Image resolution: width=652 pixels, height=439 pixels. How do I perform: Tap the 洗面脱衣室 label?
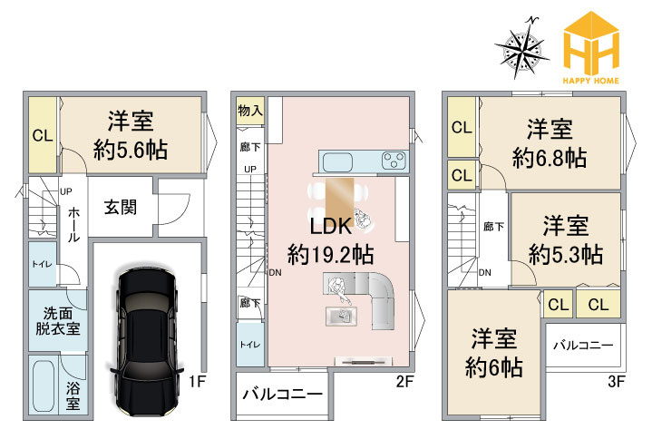[57, 319]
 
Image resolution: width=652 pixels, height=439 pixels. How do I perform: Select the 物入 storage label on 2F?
[249, 111]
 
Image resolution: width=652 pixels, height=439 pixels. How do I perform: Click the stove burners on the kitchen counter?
[393, 161]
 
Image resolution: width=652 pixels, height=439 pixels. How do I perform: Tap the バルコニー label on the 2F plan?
[282, 395]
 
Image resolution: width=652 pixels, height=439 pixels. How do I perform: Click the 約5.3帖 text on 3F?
[566, 253]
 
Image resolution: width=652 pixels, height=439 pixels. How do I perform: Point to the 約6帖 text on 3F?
[493, 368]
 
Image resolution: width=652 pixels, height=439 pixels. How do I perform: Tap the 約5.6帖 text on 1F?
[131, 149]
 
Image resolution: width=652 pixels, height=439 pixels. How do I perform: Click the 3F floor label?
[616, 382]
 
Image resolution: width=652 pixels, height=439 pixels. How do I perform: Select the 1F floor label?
[196, 382]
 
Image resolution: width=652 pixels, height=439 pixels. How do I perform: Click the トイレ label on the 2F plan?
[248, 345]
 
